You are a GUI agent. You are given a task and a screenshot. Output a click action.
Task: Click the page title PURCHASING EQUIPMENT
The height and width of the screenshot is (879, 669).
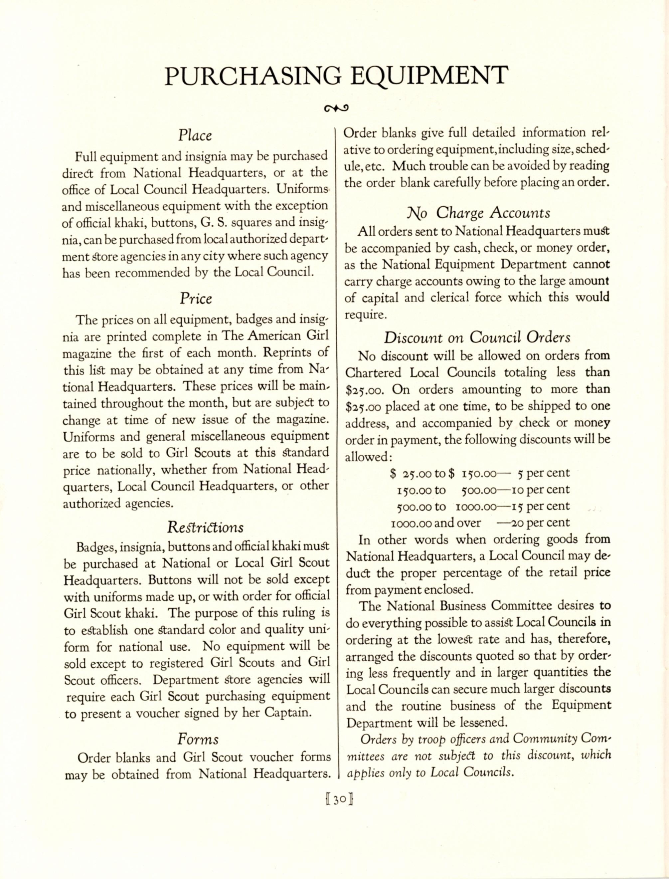336,75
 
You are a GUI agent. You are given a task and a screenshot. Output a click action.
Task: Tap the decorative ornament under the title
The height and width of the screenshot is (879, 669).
336,108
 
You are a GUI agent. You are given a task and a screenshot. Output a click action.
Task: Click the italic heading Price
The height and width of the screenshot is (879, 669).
196,299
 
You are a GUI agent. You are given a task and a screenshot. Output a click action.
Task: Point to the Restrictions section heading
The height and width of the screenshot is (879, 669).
205,527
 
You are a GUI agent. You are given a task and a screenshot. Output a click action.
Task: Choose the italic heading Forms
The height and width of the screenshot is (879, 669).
198,739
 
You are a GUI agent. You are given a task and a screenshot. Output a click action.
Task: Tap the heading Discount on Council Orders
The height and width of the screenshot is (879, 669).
477,337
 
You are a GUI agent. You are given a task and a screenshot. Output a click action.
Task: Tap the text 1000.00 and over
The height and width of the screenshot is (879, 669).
436,523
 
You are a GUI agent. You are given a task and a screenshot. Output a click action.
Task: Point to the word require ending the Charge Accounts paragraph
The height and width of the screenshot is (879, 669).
365,315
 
